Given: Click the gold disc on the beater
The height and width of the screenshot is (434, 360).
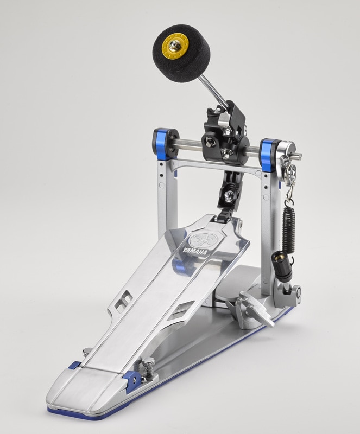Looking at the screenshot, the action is [x=175, y=45].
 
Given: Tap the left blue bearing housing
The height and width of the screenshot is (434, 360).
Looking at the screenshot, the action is [x=162, y=143].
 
